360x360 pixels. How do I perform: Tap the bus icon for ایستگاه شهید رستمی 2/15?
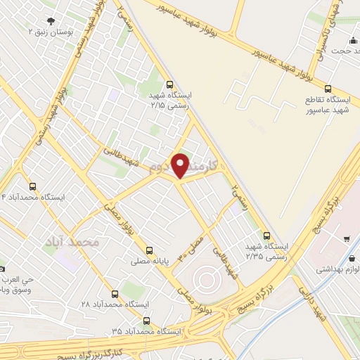(169, 83)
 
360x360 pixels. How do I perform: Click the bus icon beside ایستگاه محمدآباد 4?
(33, 186)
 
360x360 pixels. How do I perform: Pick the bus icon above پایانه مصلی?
(148, 250)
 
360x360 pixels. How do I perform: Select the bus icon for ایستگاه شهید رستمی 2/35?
(266, 236)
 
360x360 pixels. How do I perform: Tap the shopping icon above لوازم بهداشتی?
(348, 239)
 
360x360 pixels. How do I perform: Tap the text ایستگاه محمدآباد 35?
(146, 330)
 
